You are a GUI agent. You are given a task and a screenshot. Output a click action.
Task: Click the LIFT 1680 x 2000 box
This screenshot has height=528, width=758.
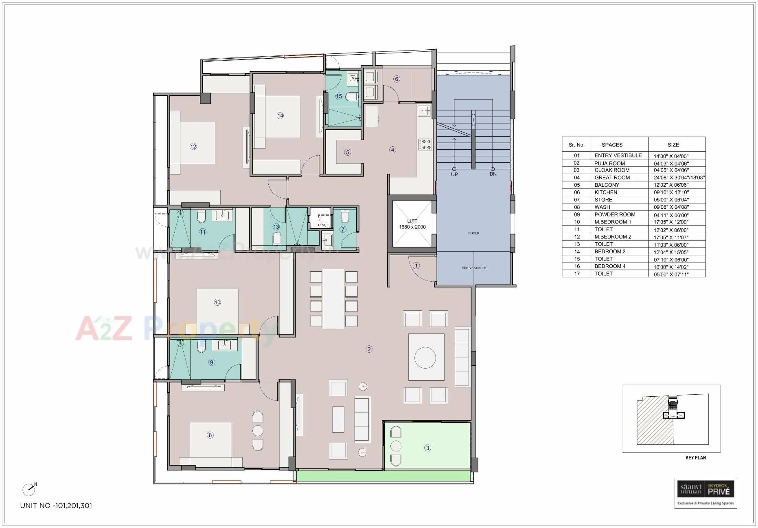tap(412, 224)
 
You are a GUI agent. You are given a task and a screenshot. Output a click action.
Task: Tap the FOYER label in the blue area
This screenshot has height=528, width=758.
tap(473, 233)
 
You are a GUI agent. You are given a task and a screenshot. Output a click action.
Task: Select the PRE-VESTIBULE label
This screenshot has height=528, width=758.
tap(474, 268)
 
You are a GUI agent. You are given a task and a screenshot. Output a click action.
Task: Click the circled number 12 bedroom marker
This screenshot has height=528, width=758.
tap(193, 146)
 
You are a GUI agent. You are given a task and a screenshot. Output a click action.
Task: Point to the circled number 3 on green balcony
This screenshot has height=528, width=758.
tap(427, 448)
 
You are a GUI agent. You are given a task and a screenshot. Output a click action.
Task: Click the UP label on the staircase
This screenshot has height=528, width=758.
tap(454, 174)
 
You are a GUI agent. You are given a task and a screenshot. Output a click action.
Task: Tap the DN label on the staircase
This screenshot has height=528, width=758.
tap(493, 174)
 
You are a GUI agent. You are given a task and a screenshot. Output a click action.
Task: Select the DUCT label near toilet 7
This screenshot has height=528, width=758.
tap(322, 225)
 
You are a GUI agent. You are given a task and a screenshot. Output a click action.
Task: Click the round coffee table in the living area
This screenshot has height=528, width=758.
tap(425, 358)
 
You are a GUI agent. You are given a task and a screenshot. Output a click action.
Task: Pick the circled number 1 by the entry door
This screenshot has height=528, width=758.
tap(416, 265)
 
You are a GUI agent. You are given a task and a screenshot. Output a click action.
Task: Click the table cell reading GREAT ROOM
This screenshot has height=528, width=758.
tap(612, 177)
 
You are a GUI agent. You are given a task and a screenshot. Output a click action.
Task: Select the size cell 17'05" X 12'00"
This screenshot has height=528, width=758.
tap(670, 222)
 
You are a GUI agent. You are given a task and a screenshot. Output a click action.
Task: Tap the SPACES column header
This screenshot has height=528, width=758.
tap(612, 145)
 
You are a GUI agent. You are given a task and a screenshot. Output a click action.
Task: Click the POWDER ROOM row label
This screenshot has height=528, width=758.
tap(614, 214)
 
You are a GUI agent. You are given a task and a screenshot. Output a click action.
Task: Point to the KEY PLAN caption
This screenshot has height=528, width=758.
tap(695, 457)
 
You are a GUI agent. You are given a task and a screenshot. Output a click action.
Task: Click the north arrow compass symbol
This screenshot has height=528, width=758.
tap(29, 489)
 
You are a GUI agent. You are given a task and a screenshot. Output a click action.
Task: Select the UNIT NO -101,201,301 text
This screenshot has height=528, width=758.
tap(56, 506)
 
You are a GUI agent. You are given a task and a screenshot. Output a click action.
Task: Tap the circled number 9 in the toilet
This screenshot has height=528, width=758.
tap(211, 362)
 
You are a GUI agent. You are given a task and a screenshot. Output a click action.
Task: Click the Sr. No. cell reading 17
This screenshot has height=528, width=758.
tap(576, 274)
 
